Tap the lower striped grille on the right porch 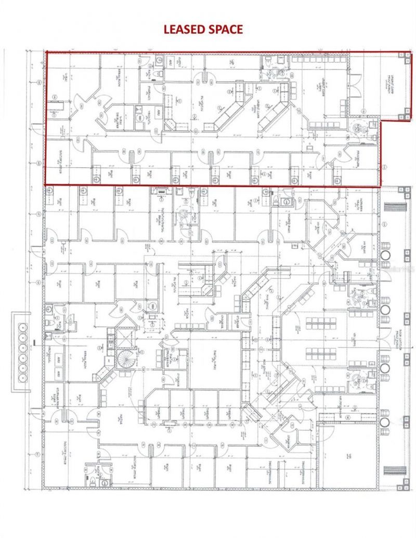(390, 470)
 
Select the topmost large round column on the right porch (385, 256)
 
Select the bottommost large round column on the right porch (385, 422)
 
